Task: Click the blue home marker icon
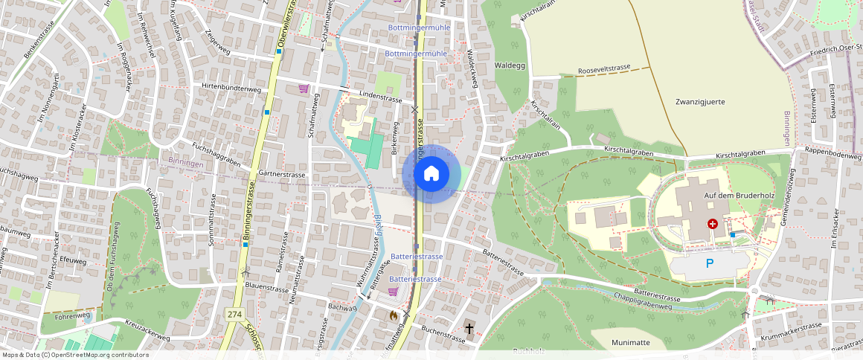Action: point(431,174)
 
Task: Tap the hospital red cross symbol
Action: point(712,223)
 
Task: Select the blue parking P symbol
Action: point(709,263)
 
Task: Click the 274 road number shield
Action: point(234,315)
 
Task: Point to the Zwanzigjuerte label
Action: point(700,101)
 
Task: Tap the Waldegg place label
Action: point(510,65)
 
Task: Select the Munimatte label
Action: point(631,342)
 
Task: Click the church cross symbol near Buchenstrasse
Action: point(469,327)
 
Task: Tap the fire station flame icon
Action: point(393,315)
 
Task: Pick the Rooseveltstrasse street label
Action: point(603,70)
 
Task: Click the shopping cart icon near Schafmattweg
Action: point(304,89)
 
